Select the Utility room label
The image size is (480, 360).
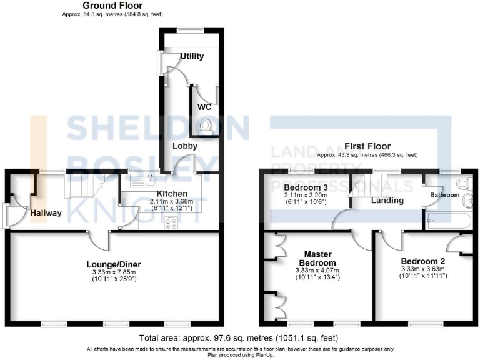192,56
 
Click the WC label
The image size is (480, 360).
204,107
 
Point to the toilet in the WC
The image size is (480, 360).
204,127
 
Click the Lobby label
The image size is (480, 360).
185,146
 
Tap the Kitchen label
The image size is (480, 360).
171,193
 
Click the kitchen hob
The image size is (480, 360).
171,223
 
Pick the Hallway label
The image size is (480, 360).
46,213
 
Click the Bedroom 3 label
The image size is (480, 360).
305,187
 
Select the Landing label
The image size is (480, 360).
387,201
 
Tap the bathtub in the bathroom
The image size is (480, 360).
449,220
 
